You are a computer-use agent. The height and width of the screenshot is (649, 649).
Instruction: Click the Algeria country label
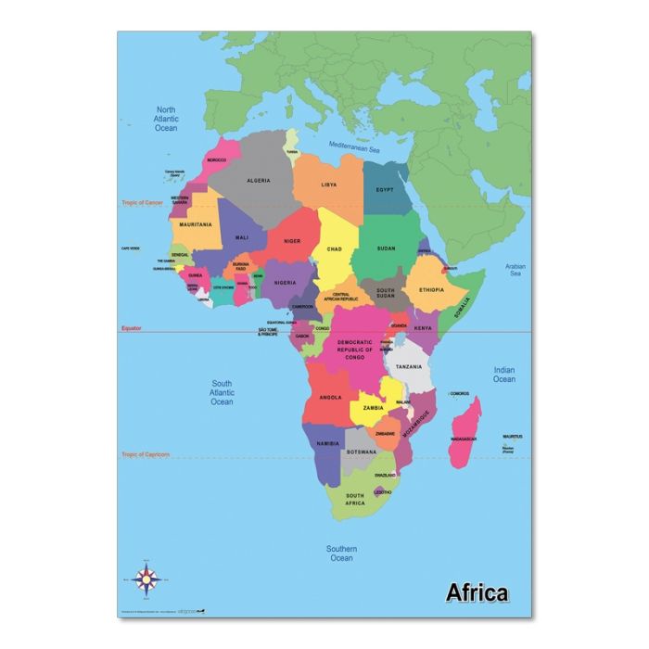coord(258,180)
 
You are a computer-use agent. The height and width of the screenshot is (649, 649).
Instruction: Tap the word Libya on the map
coord(329,185)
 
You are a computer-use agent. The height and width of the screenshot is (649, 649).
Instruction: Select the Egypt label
coord(385,189)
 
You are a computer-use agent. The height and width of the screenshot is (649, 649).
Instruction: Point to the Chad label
coord(335,248)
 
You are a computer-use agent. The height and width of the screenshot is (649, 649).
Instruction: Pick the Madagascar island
coord(464,431)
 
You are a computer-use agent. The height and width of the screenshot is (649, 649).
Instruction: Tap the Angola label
coord(331,397)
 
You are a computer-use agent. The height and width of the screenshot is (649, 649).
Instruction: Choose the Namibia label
coord(328,444)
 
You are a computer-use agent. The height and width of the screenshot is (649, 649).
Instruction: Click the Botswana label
coord(363,452)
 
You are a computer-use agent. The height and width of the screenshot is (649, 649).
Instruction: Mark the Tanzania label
coord(409,367)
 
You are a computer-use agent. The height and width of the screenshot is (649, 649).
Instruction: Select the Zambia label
coord(373,407)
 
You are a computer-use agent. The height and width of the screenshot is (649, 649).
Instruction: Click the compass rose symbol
coord(146,579)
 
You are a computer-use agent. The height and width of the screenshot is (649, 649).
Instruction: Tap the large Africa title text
coord(477,592)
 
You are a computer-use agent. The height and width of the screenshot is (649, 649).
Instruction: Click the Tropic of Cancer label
coord(143,202)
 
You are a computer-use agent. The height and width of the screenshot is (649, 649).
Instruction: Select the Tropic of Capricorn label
coord(146,454)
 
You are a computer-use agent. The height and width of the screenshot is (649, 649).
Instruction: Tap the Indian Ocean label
coord(504,374)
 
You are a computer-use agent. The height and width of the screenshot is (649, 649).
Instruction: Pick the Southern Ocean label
coord(341,553)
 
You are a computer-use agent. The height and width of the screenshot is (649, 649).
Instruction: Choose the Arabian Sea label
coord(515,270)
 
